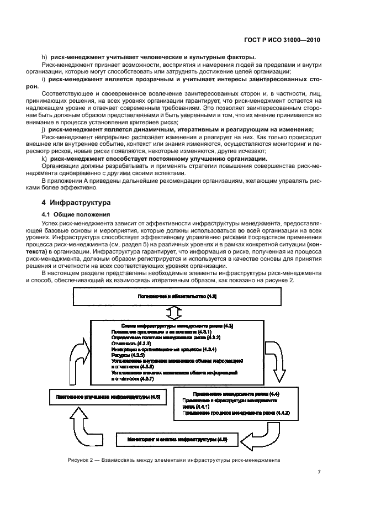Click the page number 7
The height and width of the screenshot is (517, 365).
coord(319,472)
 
